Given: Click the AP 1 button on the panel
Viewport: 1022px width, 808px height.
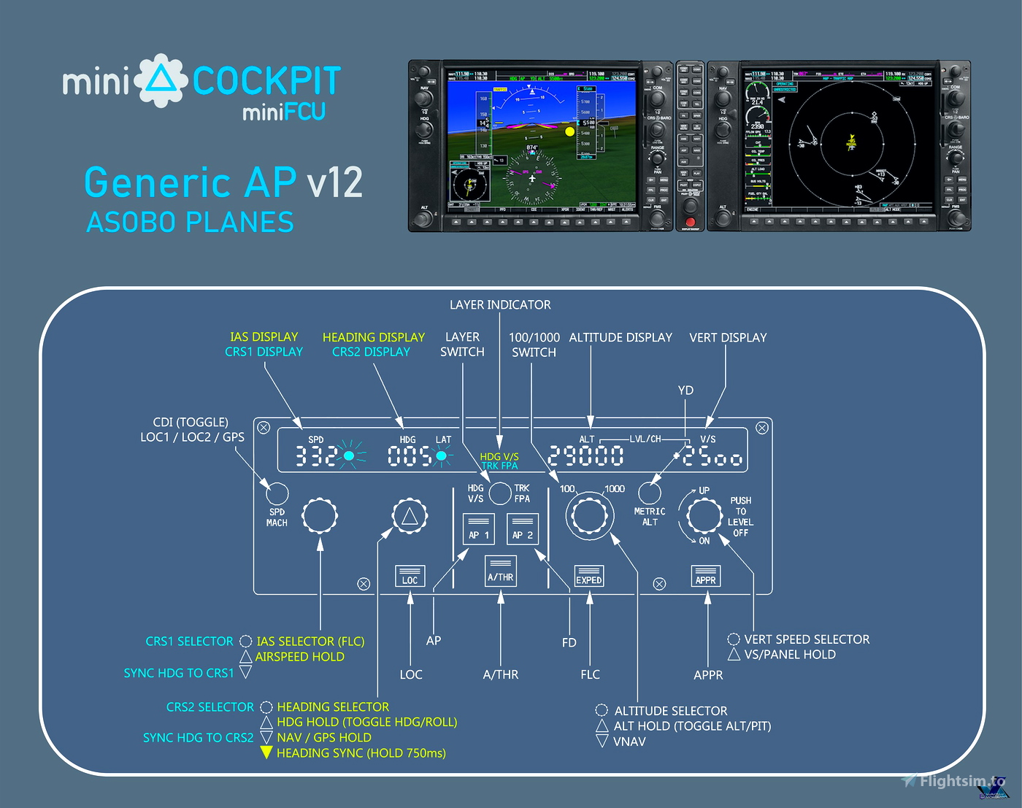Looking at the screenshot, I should point(479,529).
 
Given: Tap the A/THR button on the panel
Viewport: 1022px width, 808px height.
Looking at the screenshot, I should point(501,572).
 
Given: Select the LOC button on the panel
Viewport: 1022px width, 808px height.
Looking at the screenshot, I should point(410,576).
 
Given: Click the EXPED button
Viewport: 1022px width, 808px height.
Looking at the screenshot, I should point(588,576).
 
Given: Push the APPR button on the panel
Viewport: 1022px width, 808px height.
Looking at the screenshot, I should point(705,576).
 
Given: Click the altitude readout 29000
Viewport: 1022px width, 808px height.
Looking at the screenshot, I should point(585,456).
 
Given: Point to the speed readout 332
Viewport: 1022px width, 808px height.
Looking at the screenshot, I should point(315,456).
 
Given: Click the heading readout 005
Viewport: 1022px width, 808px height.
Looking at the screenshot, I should point(410,456).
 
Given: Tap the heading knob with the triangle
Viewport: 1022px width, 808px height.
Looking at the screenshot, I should point(410,517).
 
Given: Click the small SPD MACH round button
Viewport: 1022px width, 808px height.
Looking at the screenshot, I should point(277,493).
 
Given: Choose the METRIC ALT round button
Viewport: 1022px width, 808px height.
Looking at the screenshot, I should point(650,493).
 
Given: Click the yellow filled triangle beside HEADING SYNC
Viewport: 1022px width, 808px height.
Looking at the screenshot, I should point(266,753).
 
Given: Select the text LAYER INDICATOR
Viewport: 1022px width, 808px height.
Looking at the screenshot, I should point(500,304).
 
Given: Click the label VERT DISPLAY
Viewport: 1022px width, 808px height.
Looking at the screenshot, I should point(728,337).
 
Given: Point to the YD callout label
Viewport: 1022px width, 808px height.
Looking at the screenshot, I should point(685,390).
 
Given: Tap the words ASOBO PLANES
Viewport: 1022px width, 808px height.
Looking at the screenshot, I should point(190,222).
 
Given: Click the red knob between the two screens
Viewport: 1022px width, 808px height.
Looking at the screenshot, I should point(691,221).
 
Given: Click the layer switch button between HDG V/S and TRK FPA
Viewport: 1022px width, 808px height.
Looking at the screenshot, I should point(500,493).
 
